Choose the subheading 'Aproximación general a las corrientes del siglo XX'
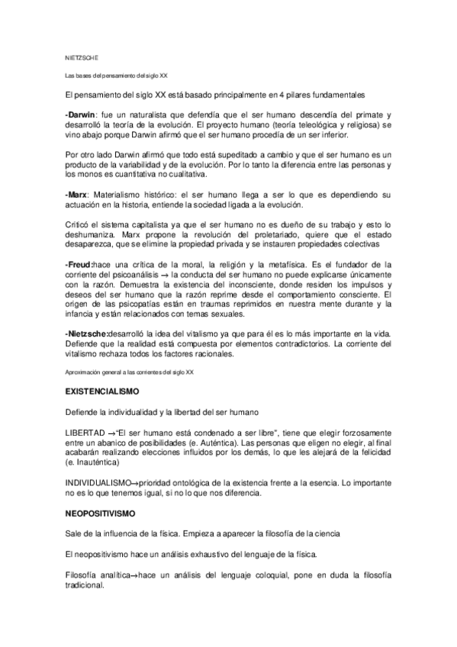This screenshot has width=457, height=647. [130, 372]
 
